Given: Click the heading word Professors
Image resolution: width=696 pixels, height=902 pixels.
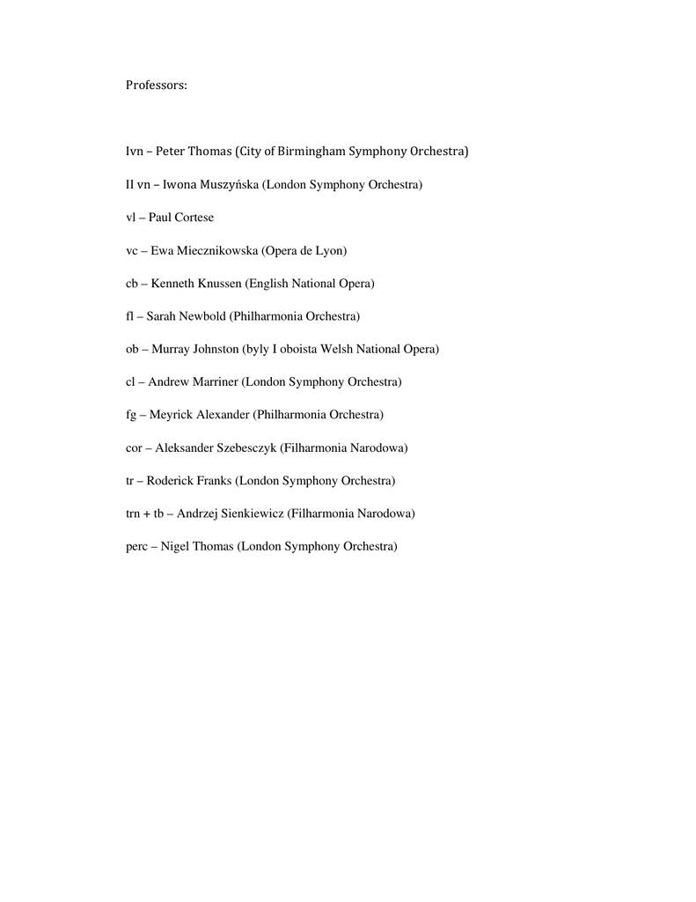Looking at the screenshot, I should pos(157,85).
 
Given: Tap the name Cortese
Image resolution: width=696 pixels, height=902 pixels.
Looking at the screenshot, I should pos(194,218).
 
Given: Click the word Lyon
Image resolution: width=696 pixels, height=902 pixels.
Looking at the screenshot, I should pos(330,251).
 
